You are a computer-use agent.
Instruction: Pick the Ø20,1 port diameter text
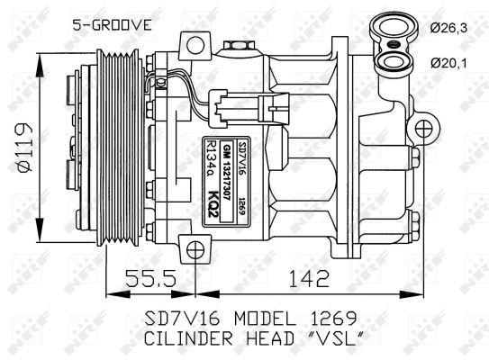456,62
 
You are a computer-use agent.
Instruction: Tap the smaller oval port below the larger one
395,61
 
